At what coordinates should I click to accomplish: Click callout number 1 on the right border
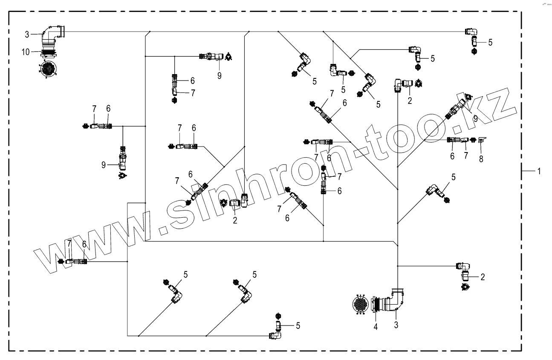539,171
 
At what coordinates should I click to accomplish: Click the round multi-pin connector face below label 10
47,69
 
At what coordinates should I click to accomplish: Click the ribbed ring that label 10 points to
49,53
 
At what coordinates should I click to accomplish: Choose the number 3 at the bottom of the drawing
396,325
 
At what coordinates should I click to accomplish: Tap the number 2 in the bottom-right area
483,277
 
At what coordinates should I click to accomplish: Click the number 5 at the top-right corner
490,42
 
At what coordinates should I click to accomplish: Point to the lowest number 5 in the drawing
298,325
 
